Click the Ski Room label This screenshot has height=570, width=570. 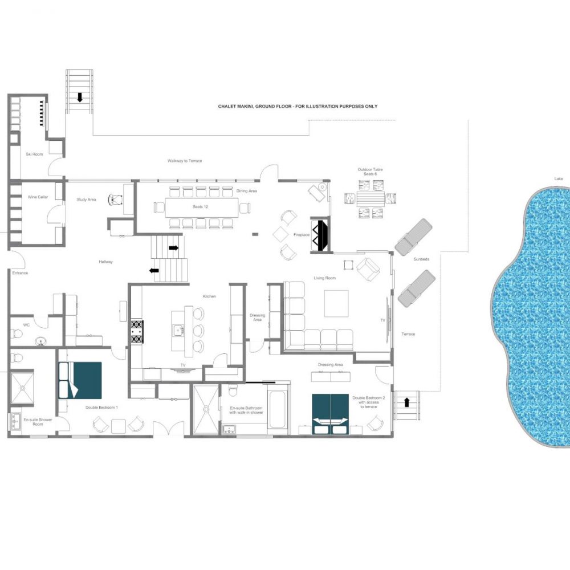click(34, 154)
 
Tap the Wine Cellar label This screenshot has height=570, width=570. click(38, 197)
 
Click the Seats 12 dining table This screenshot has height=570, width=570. click(202, 207)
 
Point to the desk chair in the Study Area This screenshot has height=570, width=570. click(116, 199)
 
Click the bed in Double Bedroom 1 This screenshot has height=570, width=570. click(80, 380)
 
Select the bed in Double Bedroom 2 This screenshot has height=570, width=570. click(331, 414)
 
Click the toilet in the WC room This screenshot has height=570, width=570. click(17, 333)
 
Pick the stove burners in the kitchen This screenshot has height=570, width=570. click(137, 332)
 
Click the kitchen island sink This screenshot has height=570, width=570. click(178, 330)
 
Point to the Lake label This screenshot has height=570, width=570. click(559, 178)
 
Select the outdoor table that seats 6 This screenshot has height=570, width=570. click(370, 199)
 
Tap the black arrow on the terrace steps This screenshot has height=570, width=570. click(406, 402)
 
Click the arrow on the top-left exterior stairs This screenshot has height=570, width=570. click(80, 97)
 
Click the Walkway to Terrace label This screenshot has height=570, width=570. click(185, 161)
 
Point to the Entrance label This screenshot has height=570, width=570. click(20, 272)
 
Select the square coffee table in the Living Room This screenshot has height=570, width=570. click(336, 304)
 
